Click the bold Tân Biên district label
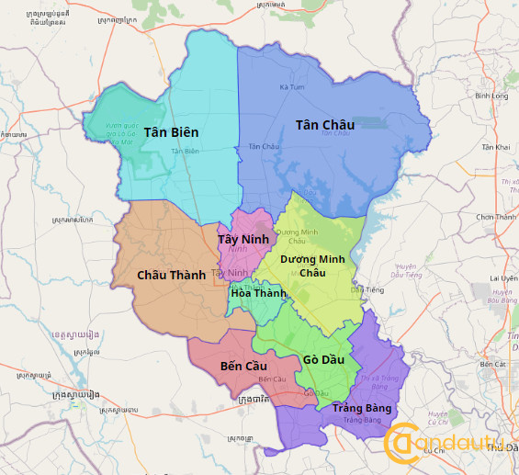pos(171,132)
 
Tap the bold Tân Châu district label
pos(324,124)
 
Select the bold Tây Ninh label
pos(243,239)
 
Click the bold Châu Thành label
pos(171,275)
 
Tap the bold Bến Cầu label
pos(244,366)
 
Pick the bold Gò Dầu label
pos(323,359)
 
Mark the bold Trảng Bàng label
pos(362,408)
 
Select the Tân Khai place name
pos(496,147)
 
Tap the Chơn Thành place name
pos(496,217)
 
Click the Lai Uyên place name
pos(503,277)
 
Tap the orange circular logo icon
pos(401,444)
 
